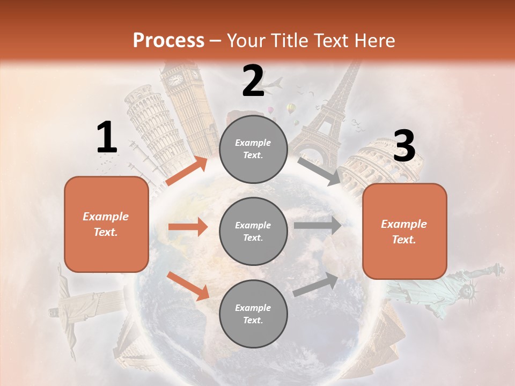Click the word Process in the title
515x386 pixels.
[168, 40]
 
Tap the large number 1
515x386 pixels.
[107, 138]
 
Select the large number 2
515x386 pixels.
[253, 81]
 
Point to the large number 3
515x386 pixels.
[404, 146]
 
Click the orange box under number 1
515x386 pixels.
[106, 224]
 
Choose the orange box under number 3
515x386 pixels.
[404, 232]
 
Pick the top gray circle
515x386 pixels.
[253, 149]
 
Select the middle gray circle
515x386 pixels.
[253, 232]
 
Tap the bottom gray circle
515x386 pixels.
[253, 314]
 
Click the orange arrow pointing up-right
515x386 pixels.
[187, 171]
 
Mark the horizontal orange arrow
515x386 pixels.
[188, 227]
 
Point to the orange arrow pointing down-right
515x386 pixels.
[188, 286]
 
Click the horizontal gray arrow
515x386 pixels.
[318, 225]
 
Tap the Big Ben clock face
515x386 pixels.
[175, 80]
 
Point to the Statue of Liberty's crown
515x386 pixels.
[469, 290]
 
